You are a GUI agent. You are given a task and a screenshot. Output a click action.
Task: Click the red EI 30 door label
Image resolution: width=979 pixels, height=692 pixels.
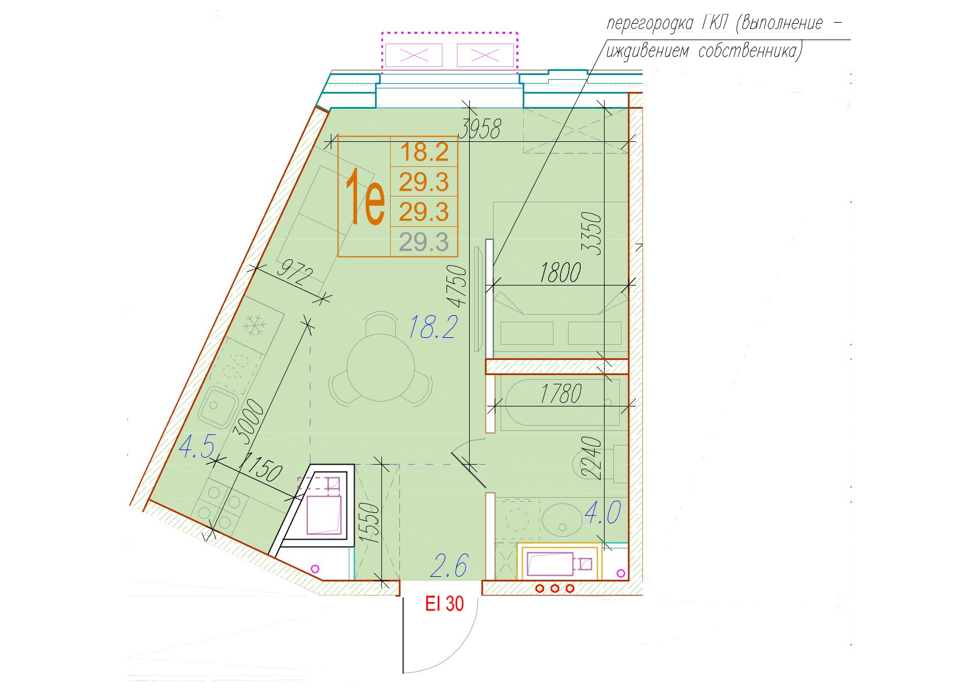pos(444,604)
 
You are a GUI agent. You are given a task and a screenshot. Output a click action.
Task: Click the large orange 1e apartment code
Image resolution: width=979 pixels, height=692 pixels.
pos(365,197)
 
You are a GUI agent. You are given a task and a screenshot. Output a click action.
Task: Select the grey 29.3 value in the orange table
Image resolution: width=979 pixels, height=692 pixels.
pos(424,242)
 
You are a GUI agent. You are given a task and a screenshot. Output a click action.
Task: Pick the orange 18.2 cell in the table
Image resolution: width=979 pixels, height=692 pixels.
pos(424,152)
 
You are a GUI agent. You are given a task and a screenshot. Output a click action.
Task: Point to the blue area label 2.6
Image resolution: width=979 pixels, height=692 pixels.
pos(449,565)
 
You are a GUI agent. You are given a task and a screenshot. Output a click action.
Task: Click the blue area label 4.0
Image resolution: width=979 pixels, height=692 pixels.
pos(603,512)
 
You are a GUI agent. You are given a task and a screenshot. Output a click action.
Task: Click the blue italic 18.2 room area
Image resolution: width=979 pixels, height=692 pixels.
pos(433,327)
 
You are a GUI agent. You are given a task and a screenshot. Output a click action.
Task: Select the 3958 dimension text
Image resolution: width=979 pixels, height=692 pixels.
pos(481,129)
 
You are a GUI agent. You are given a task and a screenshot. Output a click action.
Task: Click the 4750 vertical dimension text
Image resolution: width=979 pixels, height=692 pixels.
pos(457,286)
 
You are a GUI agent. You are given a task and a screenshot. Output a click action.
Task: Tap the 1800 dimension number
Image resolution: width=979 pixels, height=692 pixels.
pos(560,272)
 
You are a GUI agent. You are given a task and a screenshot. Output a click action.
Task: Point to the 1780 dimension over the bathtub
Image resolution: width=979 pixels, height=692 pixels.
pos(561,394)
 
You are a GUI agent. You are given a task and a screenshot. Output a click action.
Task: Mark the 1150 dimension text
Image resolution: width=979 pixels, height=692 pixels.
pos(262,468)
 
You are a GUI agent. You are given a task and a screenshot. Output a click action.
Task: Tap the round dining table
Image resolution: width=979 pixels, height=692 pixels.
pos(381,368)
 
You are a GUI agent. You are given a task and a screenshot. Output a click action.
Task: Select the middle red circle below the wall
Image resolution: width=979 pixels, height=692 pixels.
pos(555,588)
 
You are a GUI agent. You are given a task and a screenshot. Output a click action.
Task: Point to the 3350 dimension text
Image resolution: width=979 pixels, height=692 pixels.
pos(591,233)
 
